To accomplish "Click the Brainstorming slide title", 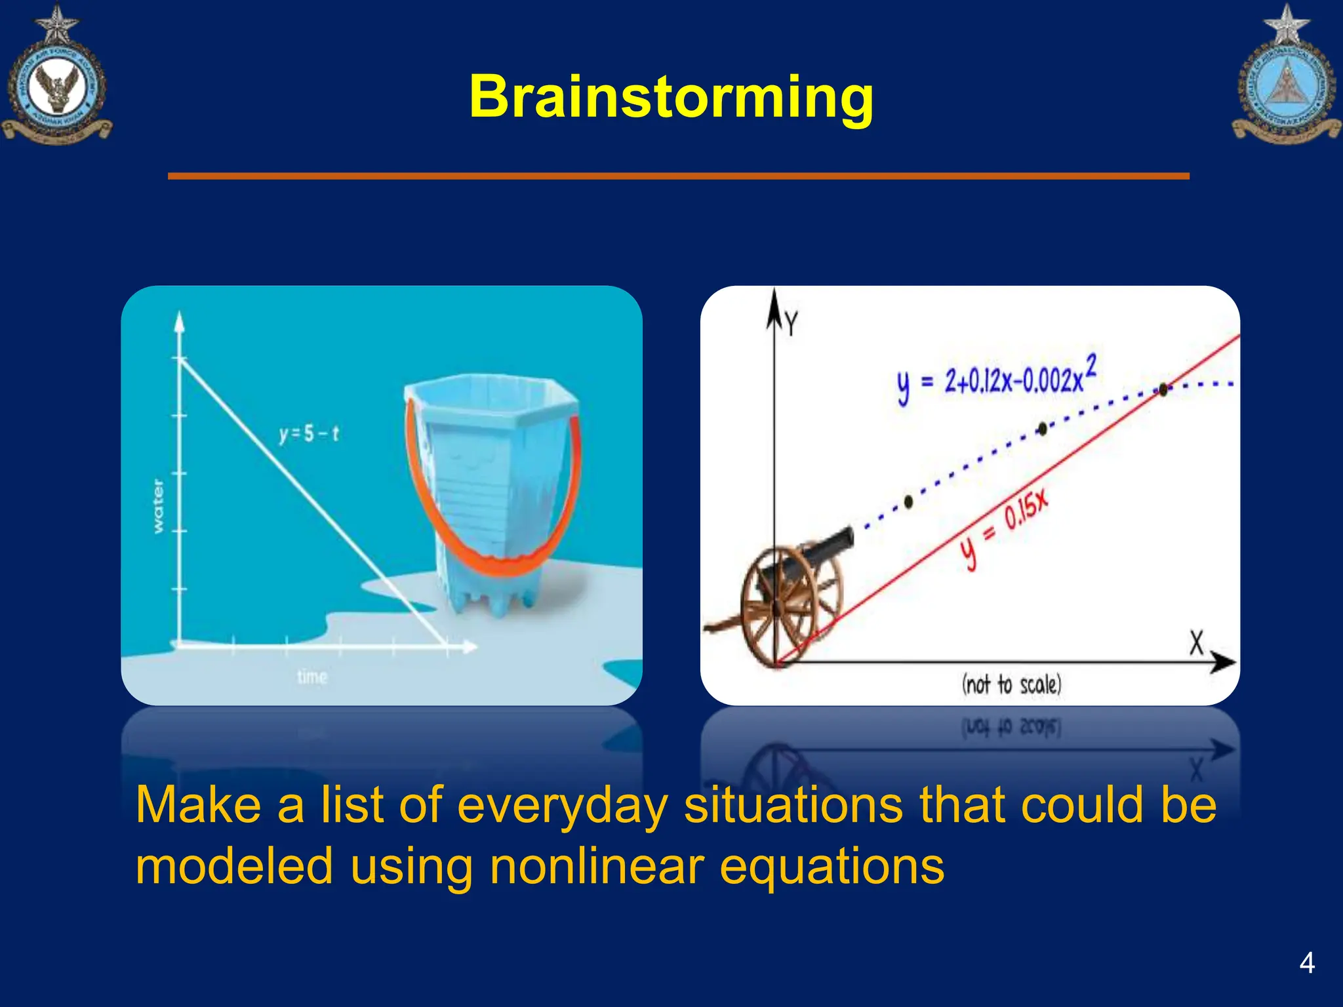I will pos(671,97).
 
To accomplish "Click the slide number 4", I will pos(1306,963).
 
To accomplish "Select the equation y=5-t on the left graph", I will pos(309,434).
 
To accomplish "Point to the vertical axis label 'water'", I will pos(159,506).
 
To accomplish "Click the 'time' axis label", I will pos(312,677).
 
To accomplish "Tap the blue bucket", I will pos(492,485).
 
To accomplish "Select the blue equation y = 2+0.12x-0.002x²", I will pos(997,379).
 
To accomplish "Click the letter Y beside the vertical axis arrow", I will pos(792,324).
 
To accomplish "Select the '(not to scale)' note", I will pos(1011,684).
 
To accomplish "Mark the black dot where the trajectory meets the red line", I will pos(1163,389).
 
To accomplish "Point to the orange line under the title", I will pos(678,176).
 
